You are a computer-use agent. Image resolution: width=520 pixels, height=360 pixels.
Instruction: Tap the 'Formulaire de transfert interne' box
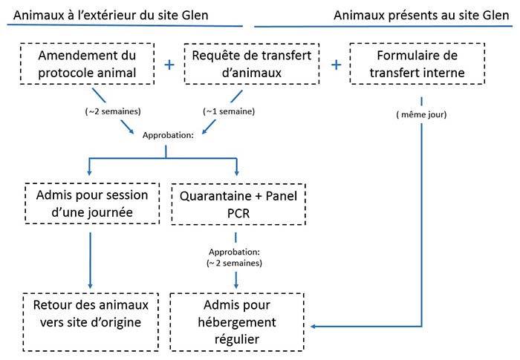420,64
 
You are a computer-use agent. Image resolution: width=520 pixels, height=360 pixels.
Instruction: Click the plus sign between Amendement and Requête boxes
169,65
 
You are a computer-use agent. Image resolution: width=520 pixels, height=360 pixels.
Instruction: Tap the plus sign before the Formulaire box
336,65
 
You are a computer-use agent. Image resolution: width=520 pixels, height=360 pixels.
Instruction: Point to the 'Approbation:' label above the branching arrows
166,137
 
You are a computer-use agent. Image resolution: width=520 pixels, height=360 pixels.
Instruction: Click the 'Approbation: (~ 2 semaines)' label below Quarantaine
236,256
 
